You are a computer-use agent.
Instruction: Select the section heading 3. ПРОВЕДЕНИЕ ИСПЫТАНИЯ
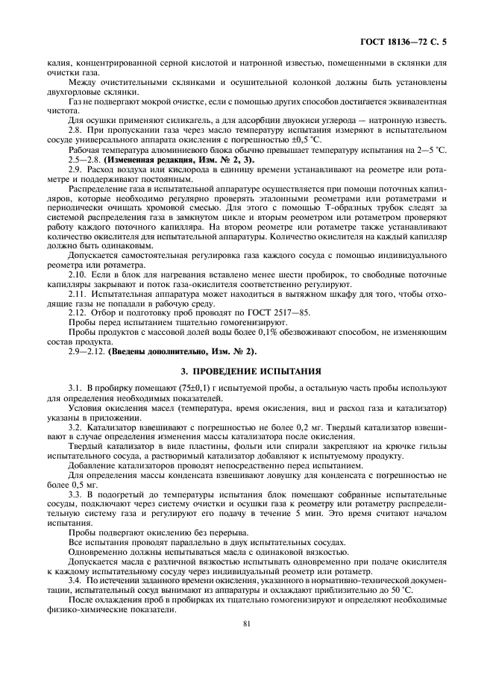(x=246, y=370)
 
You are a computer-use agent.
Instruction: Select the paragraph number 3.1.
(x=74, y=387)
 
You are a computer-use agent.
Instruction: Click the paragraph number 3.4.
(x=74, y=580)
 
